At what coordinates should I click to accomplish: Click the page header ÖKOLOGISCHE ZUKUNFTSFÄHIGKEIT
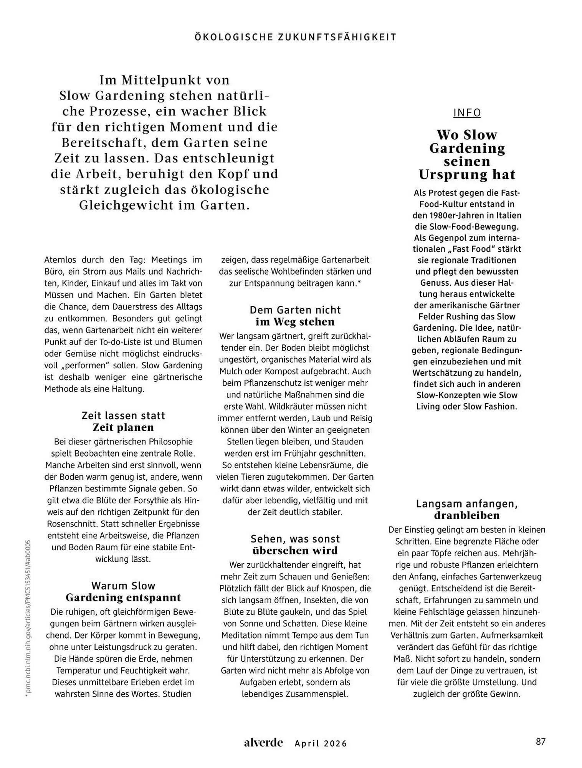click(295, 37)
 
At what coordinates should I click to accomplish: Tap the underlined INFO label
click(467, 113)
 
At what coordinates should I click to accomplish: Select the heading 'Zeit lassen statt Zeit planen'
click(123, 421)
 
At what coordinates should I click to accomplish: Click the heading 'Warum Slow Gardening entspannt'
click(123, 591)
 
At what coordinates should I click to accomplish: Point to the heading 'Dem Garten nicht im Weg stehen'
click(295, 316)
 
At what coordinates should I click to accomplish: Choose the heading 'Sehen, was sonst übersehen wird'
click(295, 545)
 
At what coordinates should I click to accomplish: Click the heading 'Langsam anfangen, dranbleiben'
click(467, 509)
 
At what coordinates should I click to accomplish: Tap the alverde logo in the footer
click(263, 743)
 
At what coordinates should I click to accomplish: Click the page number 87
click(541, 742)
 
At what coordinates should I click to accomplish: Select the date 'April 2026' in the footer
click(321, 743)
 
